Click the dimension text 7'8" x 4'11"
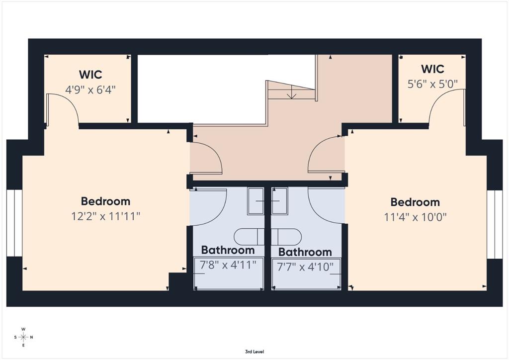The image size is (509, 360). point(228,265)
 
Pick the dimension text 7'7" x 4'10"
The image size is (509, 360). point(305,267)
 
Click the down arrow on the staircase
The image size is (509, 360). point(292,92)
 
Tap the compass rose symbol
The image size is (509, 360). point(23,337)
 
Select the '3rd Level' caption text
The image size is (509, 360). point(254,352)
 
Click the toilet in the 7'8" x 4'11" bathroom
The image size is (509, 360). point(250,237)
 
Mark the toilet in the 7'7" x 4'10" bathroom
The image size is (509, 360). point(286,237)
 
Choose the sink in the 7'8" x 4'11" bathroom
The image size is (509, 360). point(256,201)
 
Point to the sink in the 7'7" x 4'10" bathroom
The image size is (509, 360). point(279,201)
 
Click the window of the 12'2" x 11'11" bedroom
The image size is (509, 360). point(14,223)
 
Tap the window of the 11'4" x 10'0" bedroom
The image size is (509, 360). point(495,224)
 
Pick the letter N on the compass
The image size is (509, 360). point(31,337)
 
